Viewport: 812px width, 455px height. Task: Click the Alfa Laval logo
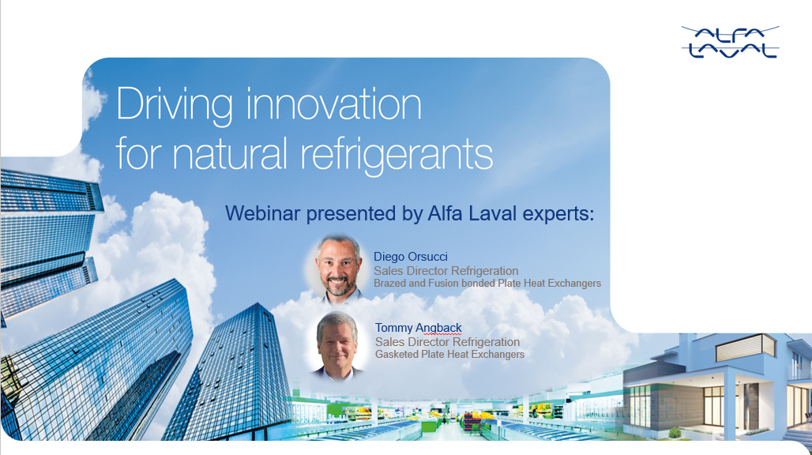click(x=730, y=42)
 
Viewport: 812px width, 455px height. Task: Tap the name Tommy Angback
click(x=419, y=328)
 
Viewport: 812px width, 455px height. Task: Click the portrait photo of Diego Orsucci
click(x=339, y=265)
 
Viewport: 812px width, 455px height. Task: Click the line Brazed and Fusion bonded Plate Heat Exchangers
click(x=487, y=283)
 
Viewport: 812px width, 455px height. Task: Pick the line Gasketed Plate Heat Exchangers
click(x=449, y=354)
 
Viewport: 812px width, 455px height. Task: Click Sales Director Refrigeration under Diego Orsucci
click(x=445, y=270)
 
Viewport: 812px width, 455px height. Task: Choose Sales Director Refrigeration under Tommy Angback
click(x=447, y=341)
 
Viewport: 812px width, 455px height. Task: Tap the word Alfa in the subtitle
click(x=449, y=213)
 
